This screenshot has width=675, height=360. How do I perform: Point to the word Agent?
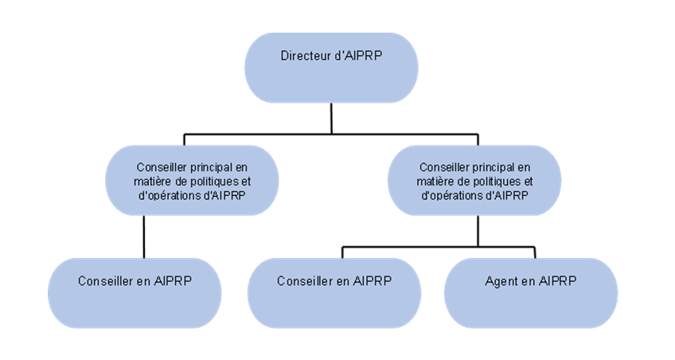point(500,281)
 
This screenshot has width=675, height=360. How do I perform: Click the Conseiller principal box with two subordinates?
point(474,180)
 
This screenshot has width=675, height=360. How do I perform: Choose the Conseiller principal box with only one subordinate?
point(193,180)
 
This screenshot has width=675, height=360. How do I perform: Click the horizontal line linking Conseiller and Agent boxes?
point(438,247)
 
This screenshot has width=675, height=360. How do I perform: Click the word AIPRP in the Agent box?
point(557,281)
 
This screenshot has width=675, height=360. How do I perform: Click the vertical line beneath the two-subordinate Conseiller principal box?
point(478,230)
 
